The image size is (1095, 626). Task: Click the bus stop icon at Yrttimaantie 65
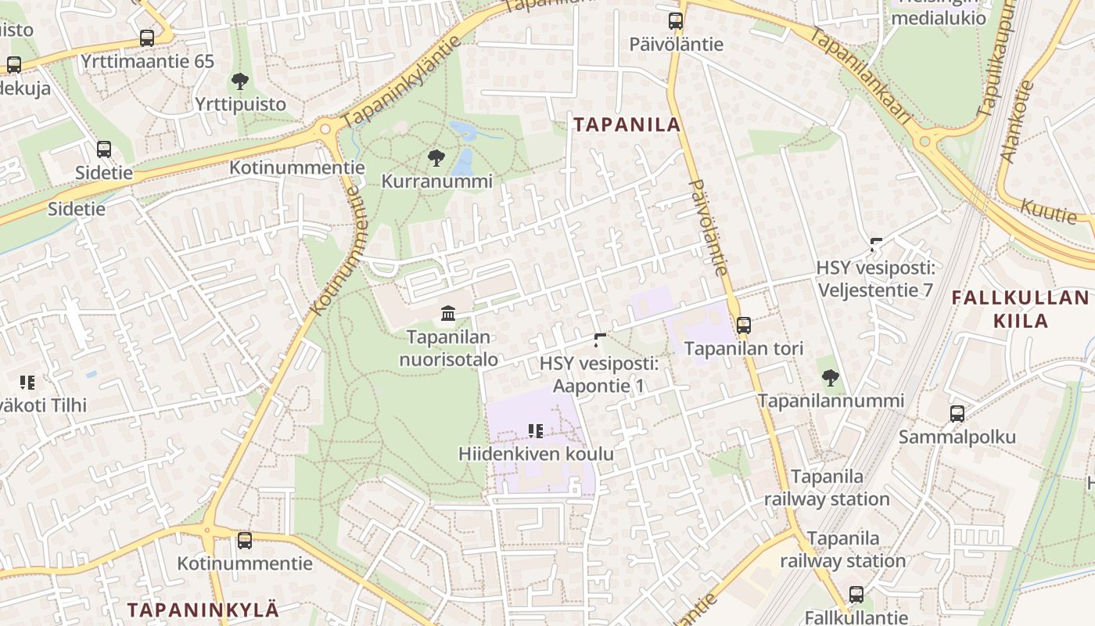(146, 38)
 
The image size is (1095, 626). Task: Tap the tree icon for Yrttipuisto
(240, 81)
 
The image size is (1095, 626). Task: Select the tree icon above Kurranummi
(436, 159)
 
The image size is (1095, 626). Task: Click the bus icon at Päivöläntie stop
(676, 21)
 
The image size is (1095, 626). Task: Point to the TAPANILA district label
(626, 124)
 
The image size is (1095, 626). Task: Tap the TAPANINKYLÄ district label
(203, 610)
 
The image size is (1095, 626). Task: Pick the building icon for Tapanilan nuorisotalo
(448, 314)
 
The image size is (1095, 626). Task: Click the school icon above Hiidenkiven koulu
(536, 430)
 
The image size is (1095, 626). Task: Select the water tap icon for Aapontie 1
(600, 340)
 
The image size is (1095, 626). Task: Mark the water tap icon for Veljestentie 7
(876, 244)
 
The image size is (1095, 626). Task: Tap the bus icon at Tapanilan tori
(743, 325)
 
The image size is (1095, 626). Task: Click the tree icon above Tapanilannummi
(831, 378)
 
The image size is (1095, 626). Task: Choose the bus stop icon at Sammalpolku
(957, 414)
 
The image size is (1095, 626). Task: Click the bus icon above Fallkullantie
(856, 595)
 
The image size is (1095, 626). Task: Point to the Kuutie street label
(1049, 210)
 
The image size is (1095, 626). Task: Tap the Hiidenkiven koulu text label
(536, 454)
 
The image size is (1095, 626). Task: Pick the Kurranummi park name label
(436, 182)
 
